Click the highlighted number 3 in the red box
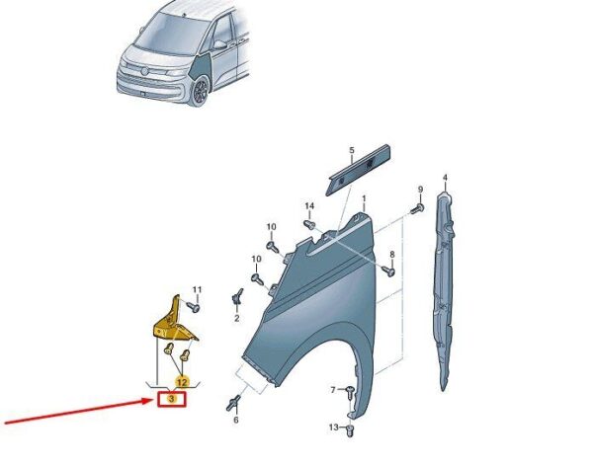click(x=171, y=399)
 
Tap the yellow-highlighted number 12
click(x=182, y=382)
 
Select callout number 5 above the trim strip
click(x=352, y=150)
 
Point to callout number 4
click(x=445, y=178)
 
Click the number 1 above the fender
click(x=364, y=198)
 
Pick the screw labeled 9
click(x=417, y=207)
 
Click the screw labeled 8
click(x=388, y=271)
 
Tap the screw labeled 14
click(x=309, y=224)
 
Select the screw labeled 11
click(x=194, y=306)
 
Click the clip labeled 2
click(x=237, y=297)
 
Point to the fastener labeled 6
click(x=233, y=403)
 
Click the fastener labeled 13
click(x=350, y=430)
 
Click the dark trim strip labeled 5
click(x=358, y=169)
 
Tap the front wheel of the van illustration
click(x=200, y=92)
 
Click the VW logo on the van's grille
click(x=144, y=71)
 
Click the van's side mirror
click(x=219, y=45)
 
